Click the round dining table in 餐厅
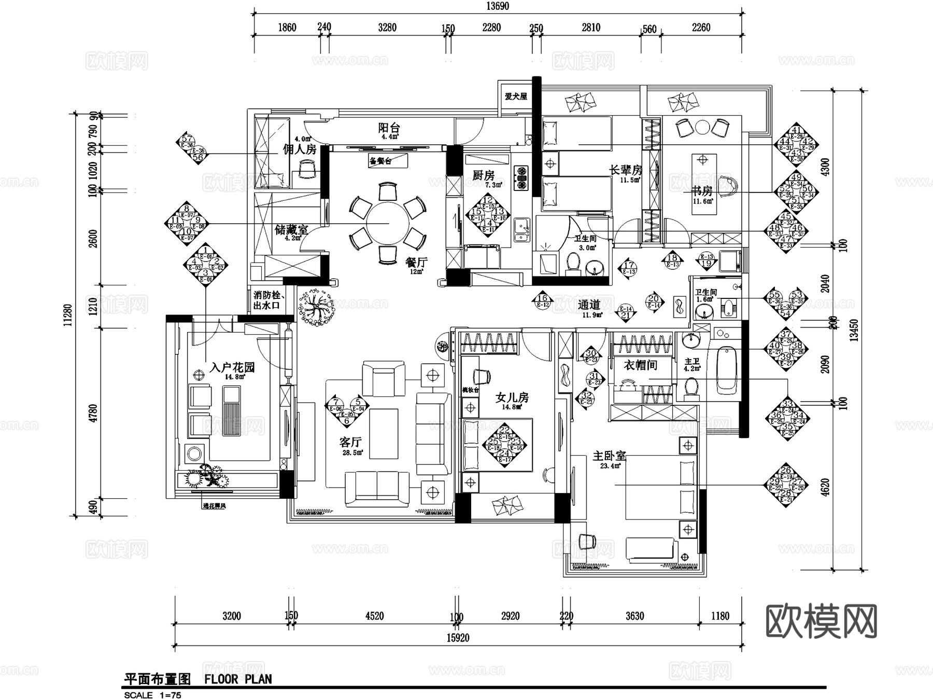pyautogui.click(x=388, y=223)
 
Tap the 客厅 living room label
pyautogui.click(x=350, y=442)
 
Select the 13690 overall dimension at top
pyautogui.click(x=497, y=6)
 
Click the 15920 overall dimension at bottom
pyautogui.click(x=458, y=638)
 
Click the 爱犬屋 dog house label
pyautogui.click(x=516, y=97)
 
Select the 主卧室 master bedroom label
pyautogui.click(x=609, y=456)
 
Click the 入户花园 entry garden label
pyautogui.click(x=232, y=367)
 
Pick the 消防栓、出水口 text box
pyautogui.click(x=267, y=300)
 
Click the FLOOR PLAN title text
pyautogui.click(x=238, y=679)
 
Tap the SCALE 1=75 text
pyautogui.click(x=152, y=695)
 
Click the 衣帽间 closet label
pyautogui.click(x=640, y=365)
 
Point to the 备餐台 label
pyautogui.click(x=380, y=161)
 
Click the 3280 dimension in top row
pyautogui.click(x=387, y=28)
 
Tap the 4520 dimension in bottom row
pyautogui.click(x=374, y=616)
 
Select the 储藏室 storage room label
pyautogui.click(x=291, y=229)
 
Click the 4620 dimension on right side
pyautogui.click(x=825, y=487)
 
